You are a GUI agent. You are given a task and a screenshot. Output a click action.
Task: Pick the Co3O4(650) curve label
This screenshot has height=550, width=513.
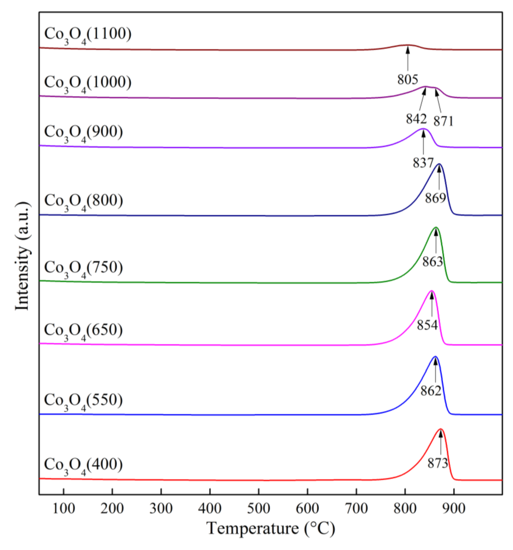(x=83, y=330)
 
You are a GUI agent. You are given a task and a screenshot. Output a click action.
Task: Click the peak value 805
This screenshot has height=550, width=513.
(x=408, y=80)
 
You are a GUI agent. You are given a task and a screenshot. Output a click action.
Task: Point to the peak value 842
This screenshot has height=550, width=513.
(x=416, y=119)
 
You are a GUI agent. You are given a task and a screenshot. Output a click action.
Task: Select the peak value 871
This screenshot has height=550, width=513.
(x=443, y=121)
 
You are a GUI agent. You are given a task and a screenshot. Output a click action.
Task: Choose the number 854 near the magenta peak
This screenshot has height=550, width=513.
(x=427, y=325)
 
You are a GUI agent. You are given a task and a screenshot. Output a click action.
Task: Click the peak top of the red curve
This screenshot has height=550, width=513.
(x=440, y=429)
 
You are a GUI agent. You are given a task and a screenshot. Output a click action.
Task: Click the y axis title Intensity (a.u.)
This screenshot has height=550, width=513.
(x=22, y=256)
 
